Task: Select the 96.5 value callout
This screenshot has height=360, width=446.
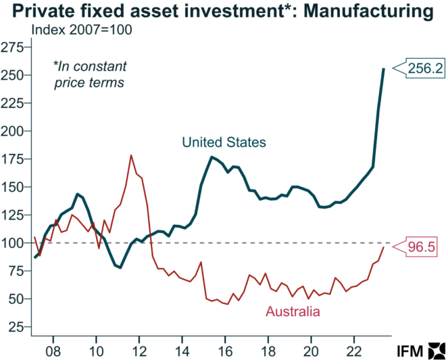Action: (426, 247)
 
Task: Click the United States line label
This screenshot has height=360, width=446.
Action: (224, 143)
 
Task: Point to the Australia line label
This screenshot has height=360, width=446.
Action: (293, 311)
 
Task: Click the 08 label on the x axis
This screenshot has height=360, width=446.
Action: (53, 351)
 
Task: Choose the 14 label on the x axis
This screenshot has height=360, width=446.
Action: (182, 351)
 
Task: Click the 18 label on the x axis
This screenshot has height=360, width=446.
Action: (268, 351)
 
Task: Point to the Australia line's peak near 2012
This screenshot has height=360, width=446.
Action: (131, 156)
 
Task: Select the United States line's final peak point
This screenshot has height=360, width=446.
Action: (384, 69)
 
